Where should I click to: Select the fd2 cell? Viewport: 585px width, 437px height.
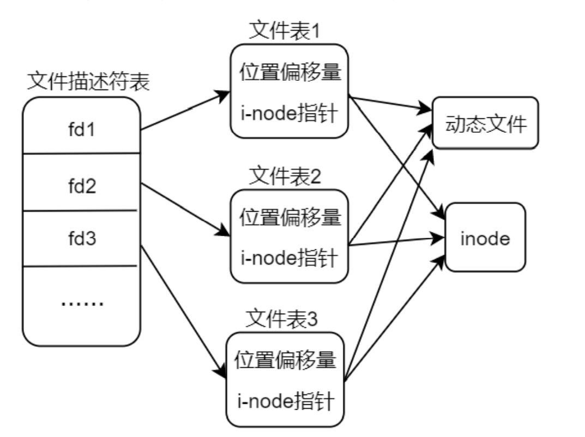tap(81, 187)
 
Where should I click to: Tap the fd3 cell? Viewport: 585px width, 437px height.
tap(81, 238)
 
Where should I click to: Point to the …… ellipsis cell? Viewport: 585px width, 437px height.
tap(81, 303)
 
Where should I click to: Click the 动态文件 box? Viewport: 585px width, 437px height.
tap(485, 123)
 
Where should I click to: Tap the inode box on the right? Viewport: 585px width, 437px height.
tap(485, 238)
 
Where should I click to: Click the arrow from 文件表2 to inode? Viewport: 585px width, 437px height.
tap(395, 242)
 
